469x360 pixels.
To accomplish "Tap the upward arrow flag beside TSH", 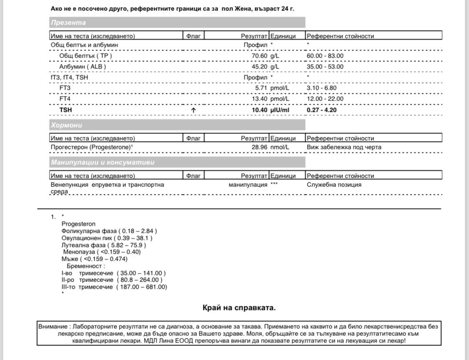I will coord(193,110).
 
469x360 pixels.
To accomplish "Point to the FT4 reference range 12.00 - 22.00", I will coord(325,99).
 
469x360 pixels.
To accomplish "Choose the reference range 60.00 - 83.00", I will coord(325,56).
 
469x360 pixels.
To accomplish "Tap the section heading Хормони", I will coord(67,125).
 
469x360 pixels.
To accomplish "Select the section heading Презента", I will coord(68,23).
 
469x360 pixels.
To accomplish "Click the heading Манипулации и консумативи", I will coord(102,162).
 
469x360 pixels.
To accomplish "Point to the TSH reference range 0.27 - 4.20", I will coord(322,110).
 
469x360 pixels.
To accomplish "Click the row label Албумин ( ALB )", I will coord(83,67).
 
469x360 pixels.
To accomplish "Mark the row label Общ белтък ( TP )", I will coord(86,56).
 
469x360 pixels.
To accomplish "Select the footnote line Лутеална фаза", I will coord(103,245).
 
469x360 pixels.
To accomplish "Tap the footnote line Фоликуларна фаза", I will coord(109,231).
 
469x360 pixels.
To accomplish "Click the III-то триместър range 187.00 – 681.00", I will coord(141,287).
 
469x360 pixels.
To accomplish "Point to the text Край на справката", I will coord(239,308).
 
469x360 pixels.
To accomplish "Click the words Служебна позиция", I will coord(334,185).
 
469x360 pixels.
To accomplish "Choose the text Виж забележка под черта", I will coord(344,147).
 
